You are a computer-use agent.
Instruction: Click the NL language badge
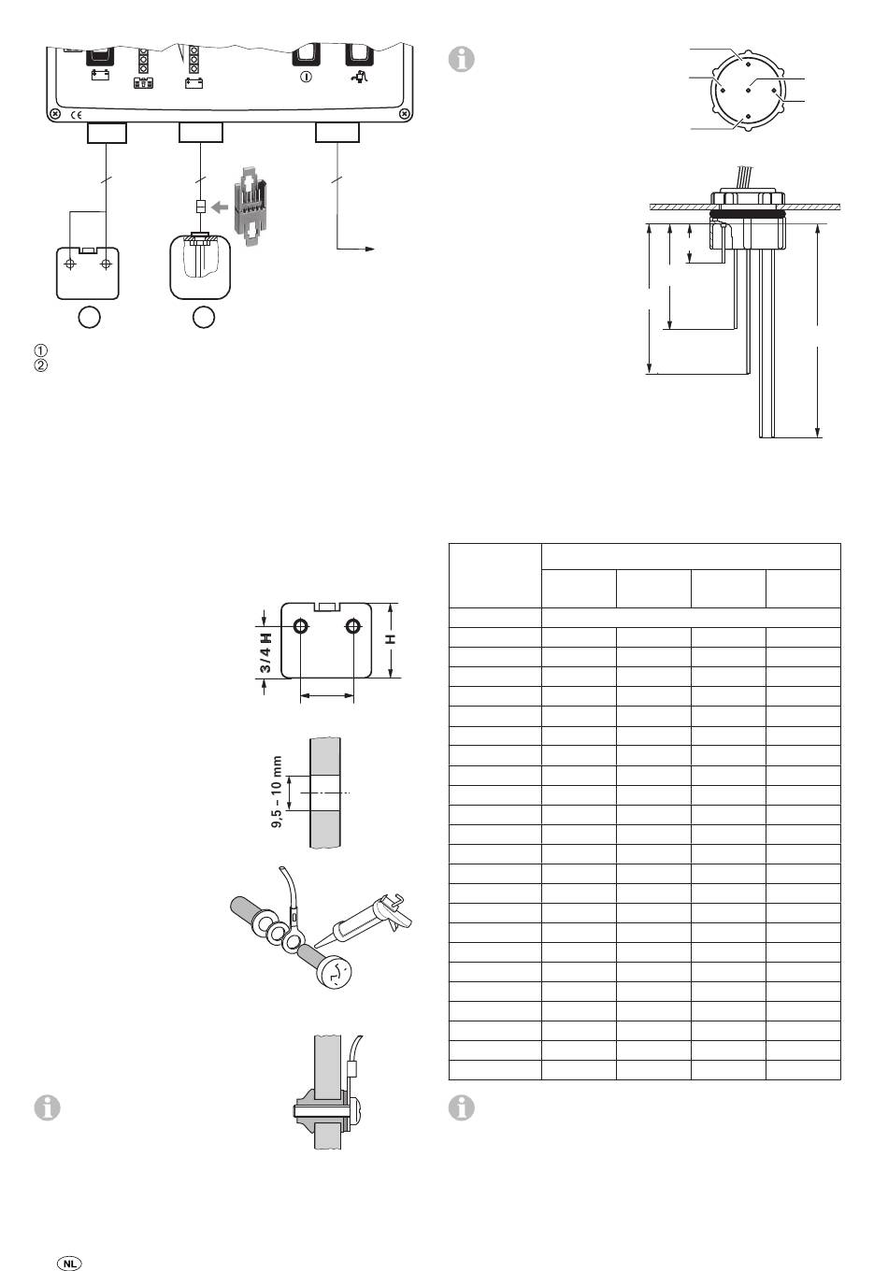pyautogui.click(x=70, y=1262)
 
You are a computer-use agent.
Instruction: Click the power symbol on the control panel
pyautogui.click(x=305, y=77)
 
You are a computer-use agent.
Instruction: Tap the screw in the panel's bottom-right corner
pyautogui.click(x=403, y=114)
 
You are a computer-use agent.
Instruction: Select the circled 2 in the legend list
pyautogui.click(x=39, y=365)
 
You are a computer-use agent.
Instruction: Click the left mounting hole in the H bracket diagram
pyautogui.click(x=300, y=625)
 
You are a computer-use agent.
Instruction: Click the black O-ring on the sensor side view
pyautogui.click(x=747, y=214)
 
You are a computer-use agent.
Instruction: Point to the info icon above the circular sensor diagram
pyautogui.click(x=462, y=58)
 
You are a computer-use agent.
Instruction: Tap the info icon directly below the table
pyautogui.click(x=462, y=1107)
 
